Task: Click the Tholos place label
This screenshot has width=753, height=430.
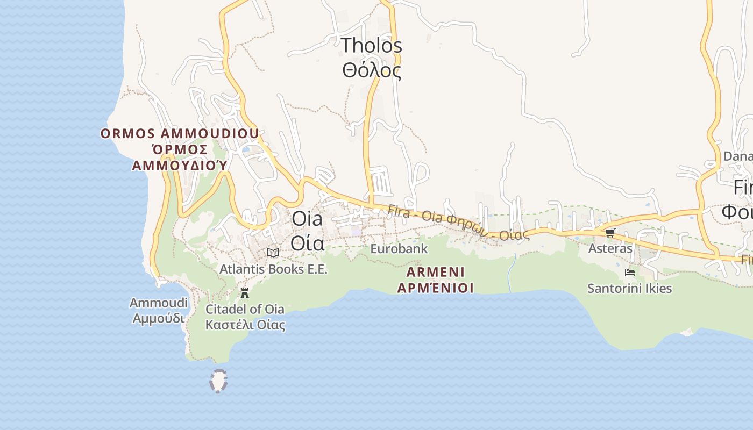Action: point(372,46)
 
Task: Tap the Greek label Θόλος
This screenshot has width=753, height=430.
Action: point(372,70)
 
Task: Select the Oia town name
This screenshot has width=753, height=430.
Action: point(307,219)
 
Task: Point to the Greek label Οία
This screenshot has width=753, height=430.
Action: point(307,243)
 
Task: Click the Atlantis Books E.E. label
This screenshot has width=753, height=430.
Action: point(273,269)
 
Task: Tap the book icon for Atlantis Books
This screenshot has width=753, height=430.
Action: point(273,253)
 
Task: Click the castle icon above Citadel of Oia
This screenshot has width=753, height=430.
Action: point(245,293)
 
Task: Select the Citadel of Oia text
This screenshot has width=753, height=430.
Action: point(245,309)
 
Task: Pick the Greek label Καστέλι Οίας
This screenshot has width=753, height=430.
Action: point(245,325)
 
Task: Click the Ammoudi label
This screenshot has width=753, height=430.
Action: point(159,303)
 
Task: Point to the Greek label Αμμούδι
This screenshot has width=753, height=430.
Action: point(159,318)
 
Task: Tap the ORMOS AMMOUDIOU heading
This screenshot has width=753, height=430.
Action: point(180,133)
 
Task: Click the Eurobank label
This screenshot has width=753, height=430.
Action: point(399,249)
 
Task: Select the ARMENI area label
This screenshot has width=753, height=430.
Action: point(436,271)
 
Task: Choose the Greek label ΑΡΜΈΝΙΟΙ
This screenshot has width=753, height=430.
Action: point(436,288)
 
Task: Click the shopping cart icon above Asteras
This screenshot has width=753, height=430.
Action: point(610,233)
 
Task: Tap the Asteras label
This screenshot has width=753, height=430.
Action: point(610,248)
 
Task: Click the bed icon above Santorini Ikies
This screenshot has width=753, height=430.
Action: point(630,273)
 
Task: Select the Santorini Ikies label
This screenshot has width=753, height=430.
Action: point(630,289)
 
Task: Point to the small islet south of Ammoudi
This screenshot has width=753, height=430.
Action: point(218,381)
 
